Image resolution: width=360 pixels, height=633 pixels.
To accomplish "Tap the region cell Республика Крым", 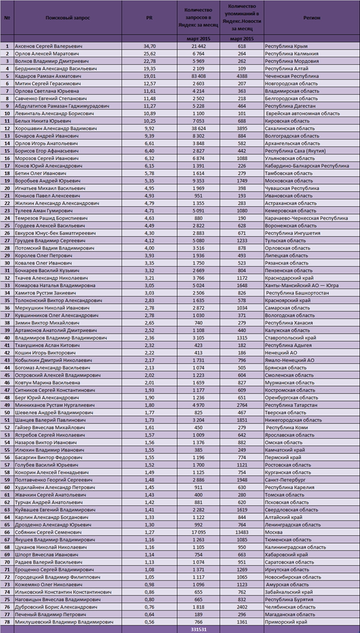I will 285,45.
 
